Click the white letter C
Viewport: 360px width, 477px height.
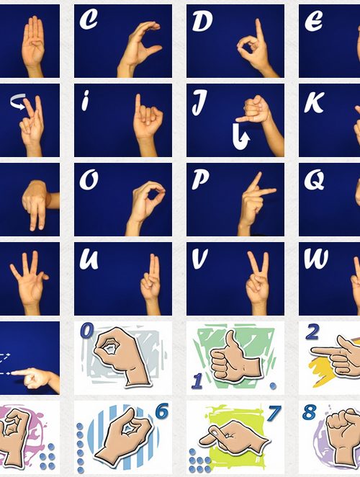pyautogui.click(x=88, y=20)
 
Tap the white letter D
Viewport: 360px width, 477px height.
pyautogui.click(x=202, y=22)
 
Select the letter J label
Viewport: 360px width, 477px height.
pyautogui.click(x=199, y=103)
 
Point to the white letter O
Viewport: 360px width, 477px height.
pyautogui.click(x=89, y=180)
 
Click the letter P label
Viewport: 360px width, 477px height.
pyautogui.click(x=200, y=180)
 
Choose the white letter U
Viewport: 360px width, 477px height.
pyautogui.click(x=89, y=259)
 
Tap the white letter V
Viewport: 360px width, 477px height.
pyautogui.click(x=200, y=259)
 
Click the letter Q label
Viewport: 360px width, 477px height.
pyautogui.click(x=315, y=180)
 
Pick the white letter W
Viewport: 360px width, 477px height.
pyautogui.click(x=316, y=259)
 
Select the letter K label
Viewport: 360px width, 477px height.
pyautogui.click(x=314, y=103)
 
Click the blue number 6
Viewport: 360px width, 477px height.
pyautogui.click(x=161, y=412)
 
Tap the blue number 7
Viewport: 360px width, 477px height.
pyautogui.click(x=274, y=413)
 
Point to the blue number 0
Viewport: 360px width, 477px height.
pyautogui.click(x=87, y=331)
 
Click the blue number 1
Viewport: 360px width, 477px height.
pyautogui.click(x=198, y=381)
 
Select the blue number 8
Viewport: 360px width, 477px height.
pyautogui.click(x=309, y=412)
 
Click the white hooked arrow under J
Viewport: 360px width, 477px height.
pyautogui.click(x=240, y=138)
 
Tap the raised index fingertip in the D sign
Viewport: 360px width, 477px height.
pyautogui.click(x=258, y=22)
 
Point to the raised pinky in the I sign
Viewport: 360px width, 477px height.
pyautogui.click(x=138, y=104)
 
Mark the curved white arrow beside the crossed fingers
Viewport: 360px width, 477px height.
pyautogui.click(x=17, y=102)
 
